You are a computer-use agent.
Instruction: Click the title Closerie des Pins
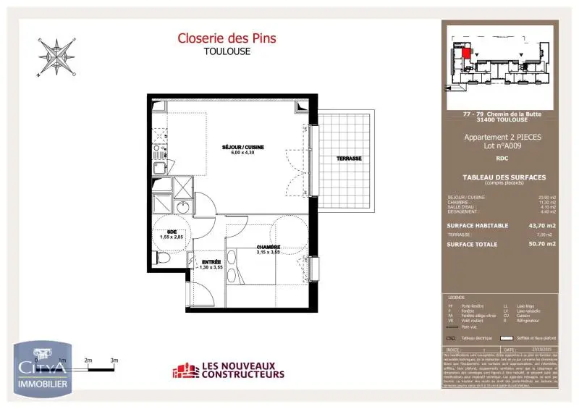227,38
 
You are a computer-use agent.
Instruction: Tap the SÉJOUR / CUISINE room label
243,147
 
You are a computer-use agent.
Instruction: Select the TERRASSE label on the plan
348,159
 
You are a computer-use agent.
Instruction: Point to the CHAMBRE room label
268,247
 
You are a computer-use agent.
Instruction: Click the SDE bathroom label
172,232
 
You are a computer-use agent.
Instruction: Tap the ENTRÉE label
211,262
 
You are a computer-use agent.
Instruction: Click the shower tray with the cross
183,187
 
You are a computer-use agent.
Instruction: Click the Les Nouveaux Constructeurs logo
228,371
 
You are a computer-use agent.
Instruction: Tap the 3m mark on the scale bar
114,360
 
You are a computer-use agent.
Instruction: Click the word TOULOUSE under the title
227,51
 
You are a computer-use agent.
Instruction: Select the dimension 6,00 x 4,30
243,153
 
